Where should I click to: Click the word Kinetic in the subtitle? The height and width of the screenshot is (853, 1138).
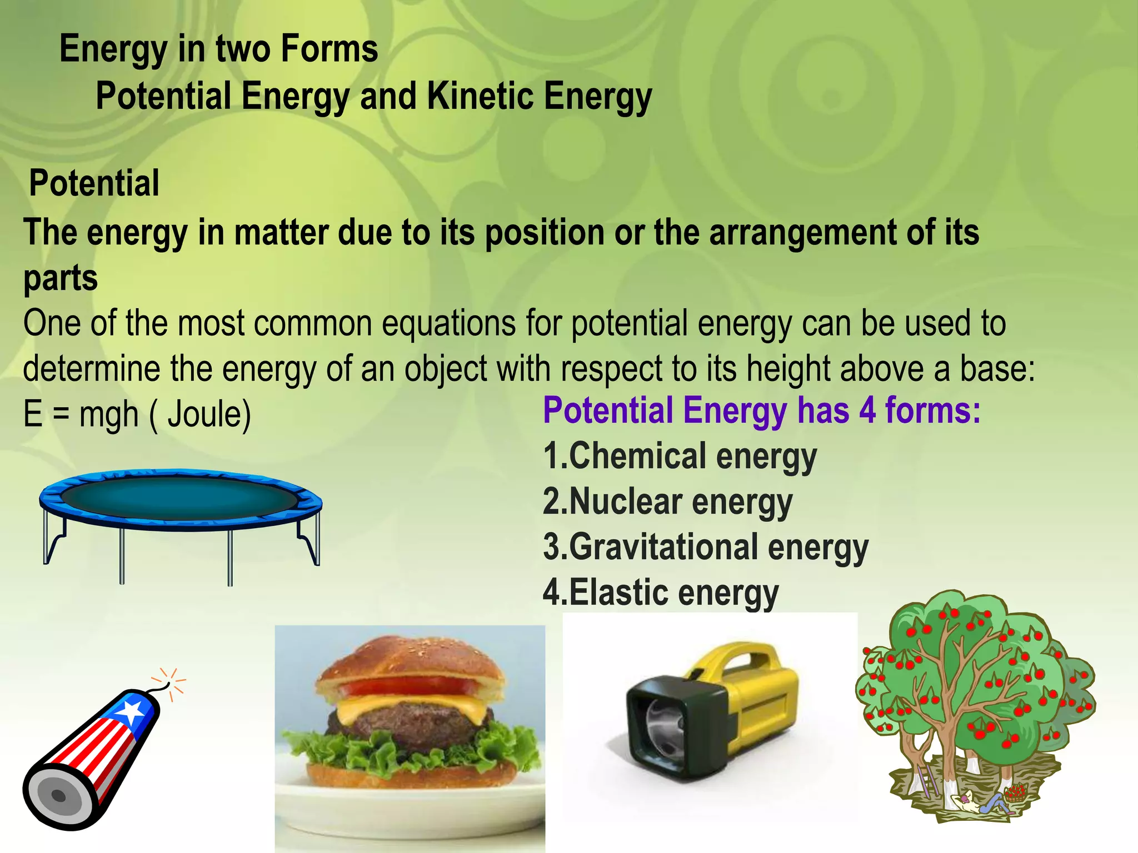480,97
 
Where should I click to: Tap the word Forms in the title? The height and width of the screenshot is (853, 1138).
329,49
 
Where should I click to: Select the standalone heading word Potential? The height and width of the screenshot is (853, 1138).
94,183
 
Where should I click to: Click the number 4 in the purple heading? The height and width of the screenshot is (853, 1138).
867,411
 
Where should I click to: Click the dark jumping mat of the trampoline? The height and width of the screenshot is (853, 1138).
179,498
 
